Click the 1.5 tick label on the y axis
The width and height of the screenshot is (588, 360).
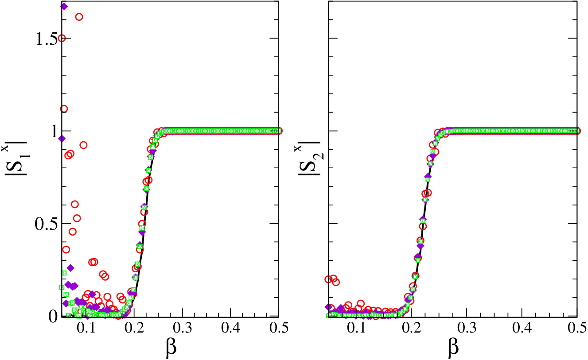(x=46, y=39)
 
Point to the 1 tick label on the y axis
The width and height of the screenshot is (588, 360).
(x=55, y=131)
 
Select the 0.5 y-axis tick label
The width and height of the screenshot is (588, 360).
(x=46, y=224)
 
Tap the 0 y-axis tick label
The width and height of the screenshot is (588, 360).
(x=53, y=317)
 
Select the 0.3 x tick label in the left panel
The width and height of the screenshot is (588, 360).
(x=183, y=328)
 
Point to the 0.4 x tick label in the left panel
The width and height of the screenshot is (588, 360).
(x=230, y=328)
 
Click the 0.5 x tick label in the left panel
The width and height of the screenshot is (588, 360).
(x=278, y=328)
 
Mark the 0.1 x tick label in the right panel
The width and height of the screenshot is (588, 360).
(x=356, y=328)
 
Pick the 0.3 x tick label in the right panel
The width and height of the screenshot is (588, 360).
(x=467, y=328)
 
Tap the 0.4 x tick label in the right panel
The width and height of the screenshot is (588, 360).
(x=522, y=328)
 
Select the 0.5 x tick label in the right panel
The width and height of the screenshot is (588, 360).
(x=577, y=328)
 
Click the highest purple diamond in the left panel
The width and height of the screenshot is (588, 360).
(x=64, y=6)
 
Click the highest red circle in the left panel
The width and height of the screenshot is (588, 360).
(x=79, y=17)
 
